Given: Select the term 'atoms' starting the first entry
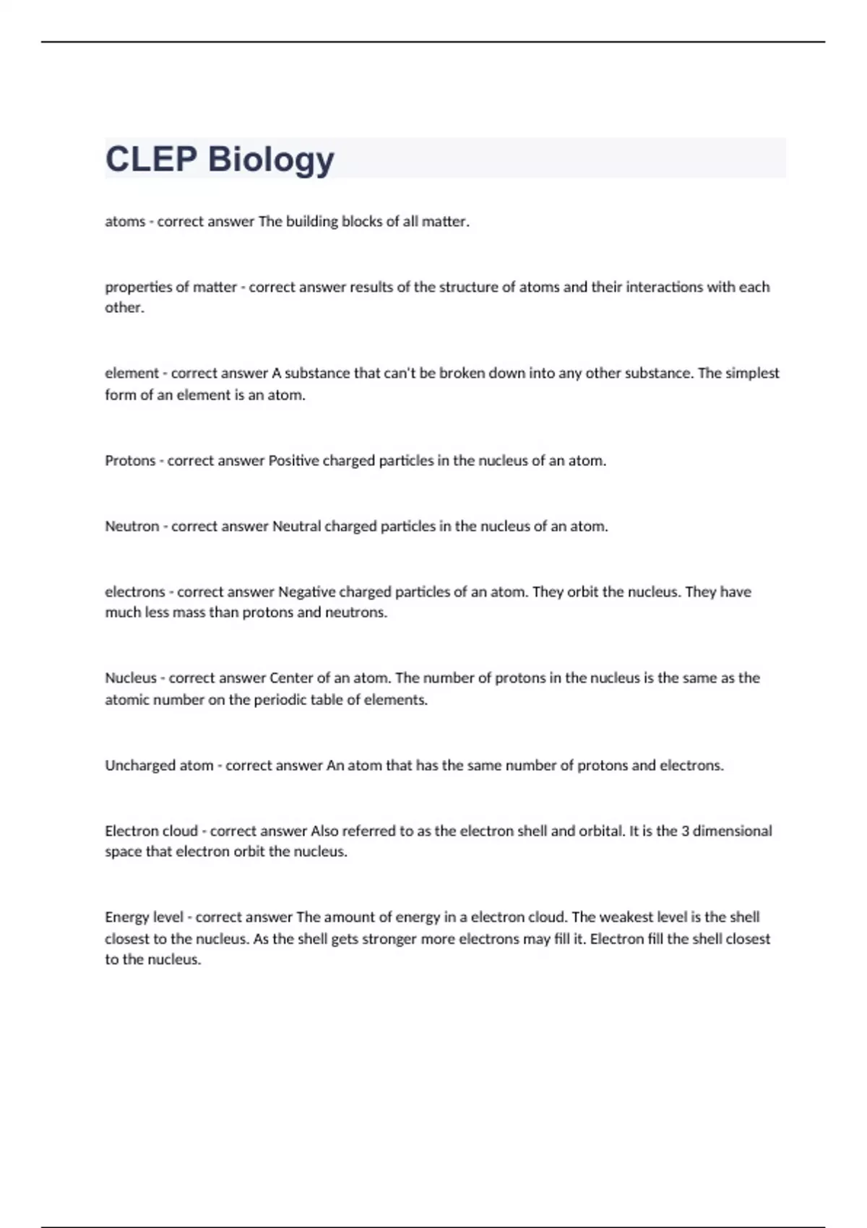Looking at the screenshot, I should (125, 222).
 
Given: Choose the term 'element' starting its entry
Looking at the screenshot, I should (131, 373).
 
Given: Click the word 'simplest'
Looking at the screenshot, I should (752, 373).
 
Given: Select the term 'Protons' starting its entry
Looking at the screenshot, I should (130, 461).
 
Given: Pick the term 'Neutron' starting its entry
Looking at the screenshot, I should (131, 527).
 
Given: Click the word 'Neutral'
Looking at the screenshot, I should (296, 527).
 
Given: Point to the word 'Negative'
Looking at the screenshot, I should (306, 592).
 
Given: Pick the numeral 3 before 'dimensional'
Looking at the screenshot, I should (685, 831).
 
